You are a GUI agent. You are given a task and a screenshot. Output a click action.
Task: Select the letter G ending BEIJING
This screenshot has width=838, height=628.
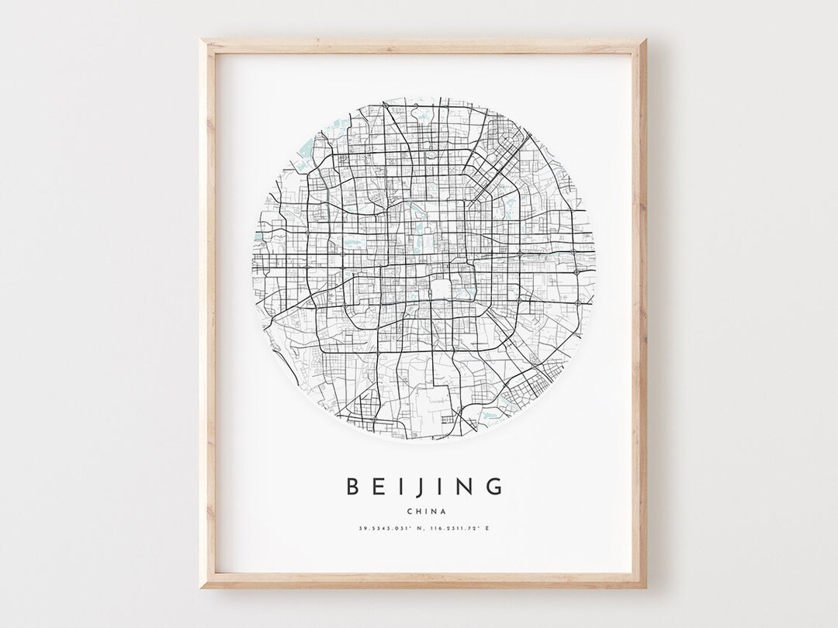point(494,487)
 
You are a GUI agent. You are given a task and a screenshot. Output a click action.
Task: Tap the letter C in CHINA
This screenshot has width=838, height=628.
point(409,510)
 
